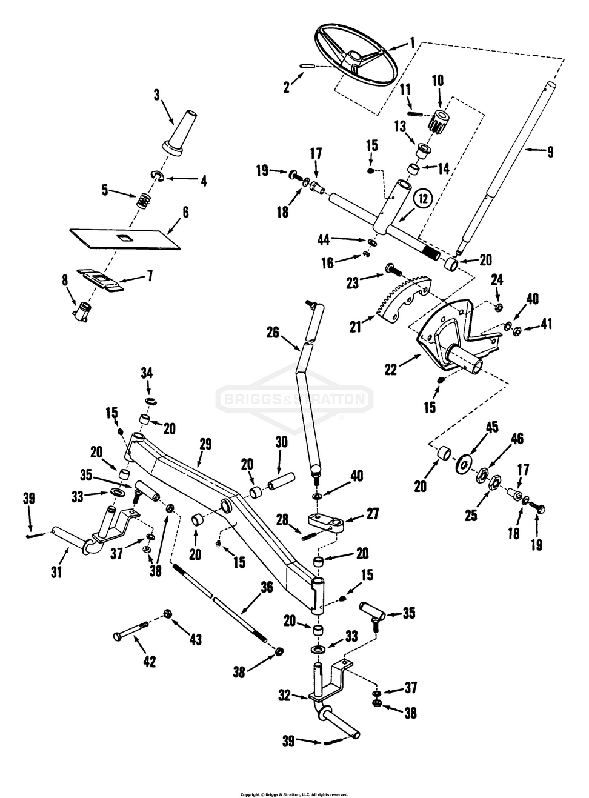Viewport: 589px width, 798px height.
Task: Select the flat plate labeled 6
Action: click(126, 237)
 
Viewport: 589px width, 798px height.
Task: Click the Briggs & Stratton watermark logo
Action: click(294, 398)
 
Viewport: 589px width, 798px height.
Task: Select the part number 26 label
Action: click(273, 332)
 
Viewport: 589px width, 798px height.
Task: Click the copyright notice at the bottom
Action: click(294, 794)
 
